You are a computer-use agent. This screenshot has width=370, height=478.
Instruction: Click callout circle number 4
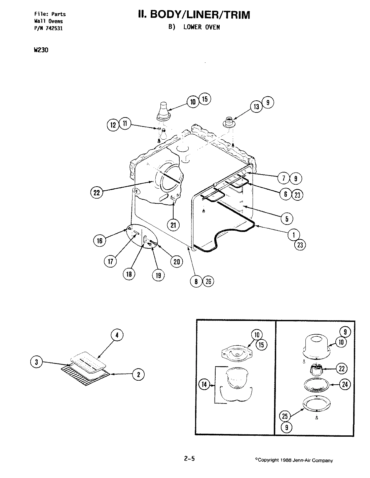tap(117, 336)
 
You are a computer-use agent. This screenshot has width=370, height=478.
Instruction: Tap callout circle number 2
tap(138, 374)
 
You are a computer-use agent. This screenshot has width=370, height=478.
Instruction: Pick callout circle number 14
tap(204, 385)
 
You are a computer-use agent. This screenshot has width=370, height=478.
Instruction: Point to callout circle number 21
tap(173, 225)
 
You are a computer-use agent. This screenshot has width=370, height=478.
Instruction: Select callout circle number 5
tap(287, 219)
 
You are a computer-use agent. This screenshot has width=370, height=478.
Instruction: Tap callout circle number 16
tap(100, 241)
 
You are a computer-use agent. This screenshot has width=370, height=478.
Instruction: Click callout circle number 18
tap(129, 274)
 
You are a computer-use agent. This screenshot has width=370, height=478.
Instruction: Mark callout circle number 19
tap(158, 275)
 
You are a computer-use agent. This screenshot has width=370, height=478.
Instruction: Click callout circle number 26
tap(208, 282)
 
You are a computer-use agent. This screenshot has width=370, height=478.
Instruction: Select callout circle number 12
tap(113, 125)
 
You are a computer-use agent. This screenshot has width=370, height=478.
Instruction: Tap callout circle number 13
tap(257, 106)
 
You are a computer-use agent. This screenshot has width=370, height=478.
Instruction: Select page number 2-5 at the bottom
tap(189, 459)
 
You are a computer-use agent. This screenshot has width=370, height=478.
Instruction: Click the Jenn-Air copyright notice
tap(294, 460)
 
